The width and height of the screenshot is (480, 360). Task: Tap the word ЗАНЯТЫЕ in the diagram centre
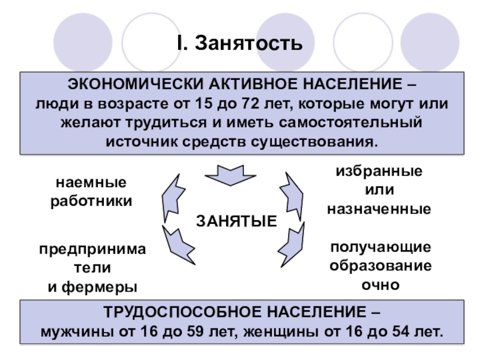coord(237,221)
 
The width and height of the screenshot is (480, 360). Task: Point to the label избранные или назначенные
coord(379,190)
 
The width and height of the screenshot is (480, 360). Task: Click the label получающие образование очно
coord(380,266)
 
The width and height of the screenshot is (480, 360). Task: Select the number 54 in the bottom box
coord(398,332)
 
